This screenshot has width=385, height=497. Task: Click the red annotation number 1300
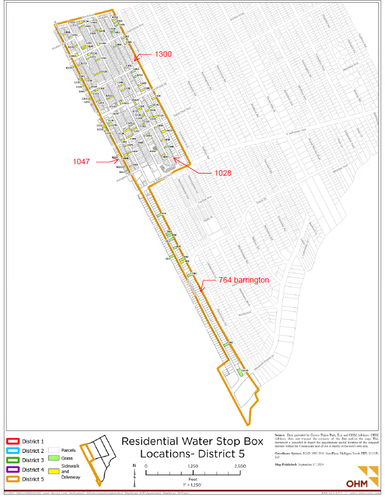pyautogui.click(x=163, y=54)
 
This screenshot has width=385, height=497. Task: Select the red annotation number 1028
pyautogui.click(x=222, y=173)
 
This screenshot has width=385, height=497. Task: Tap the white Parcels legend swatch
pyautogui.click(x=53, y=450)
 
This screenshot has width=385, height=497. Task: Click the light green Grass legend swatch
pyautogui.click(x=53, y=459)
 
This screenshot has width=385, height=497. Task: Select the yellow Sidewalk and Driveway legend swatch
pyautogui.click(x=53, y=470)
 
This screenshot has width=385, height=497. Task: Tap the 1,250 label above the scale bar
pyautogui.click(x=192, y=466)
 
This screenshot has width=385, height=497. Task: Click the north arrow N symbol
pyautogui.click(x=134, y=465)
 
